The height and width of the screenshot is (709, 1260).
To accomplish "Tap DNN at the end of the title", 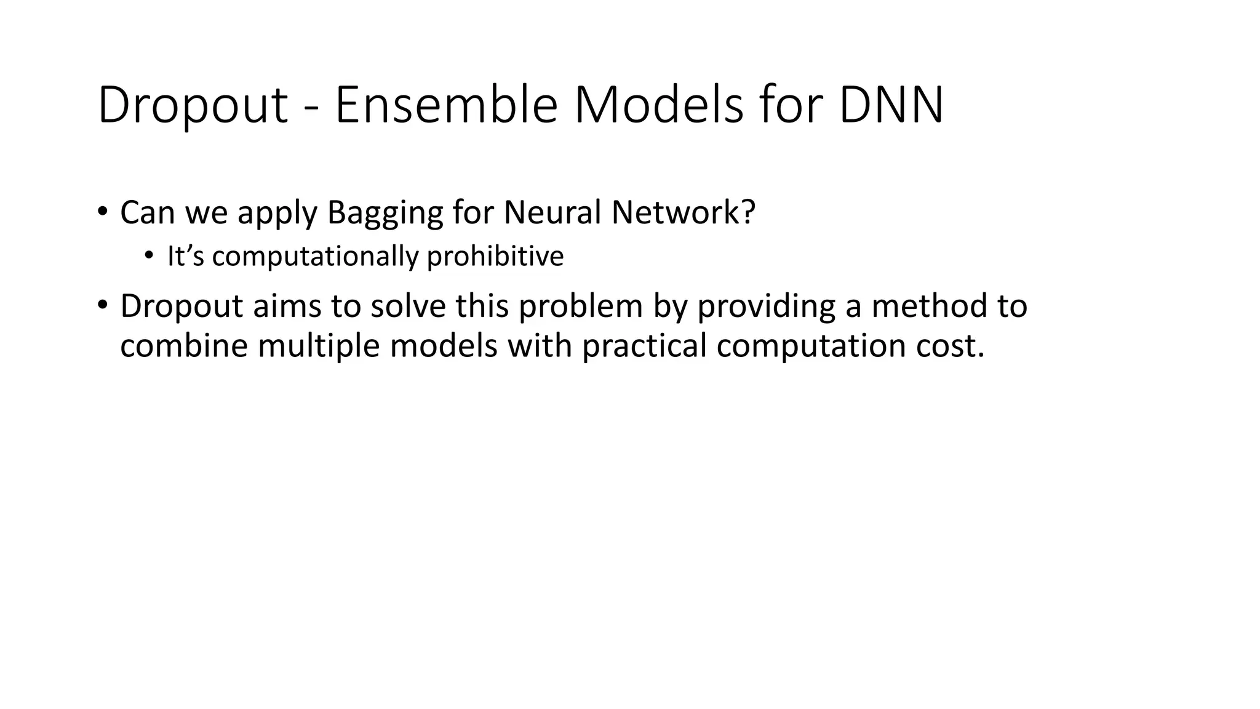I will coord(891,106).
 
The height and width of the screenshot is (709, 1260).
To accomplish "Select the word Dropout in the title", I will coord(193,106).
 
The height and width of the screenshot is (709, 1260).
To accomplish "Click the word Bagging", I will coord(385,214).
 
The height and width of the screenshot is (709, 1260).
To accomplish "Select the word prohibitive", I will coord(495,256).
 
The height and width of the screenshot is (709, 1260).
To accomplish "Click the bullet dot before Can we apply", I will coord(102,211).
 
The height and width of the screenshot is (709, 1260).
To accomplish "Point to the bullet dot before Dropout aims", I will coord(102,305).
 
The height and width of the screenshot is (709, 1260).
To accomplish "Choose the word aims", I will coord(287,306).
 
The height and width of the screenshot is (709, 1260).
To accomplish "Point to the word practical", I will coord(644,345).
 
